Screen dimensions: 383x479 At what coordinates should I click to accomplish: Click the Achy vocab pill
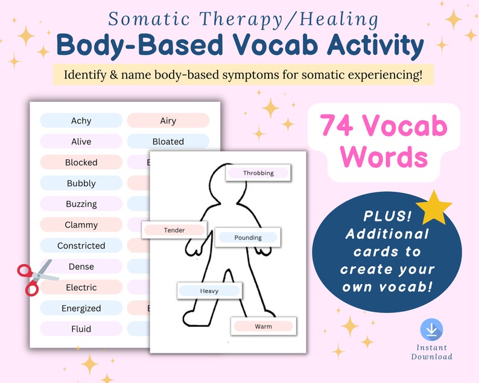[81, 121]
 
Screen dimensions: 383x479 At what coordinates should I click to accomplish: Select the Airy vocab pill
[168, 121]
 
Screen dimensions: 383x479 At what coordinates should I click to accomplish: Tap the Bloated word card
[168, 142]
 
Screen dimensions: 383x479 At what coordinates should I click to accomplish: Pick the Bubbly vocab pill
[81, 183]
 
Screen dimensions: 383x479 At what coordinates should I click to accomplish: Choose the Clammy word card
[81, 225]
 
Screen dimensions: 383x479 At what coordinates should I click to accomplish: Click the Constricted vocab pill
[81, 246]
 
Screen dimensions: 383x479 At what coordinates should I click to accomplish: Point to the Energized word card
[81, 308]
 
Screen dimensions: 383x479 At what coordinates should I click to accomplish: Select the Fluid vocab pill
[81, 329]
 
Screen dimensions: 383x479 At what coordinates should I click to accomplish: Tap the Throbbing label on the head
[258, 173]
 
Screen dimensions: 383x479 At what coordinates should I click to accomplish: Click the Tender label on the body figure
[174, 230]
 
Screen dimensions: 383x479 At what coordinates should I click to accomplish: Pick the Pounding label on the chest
[248, 238]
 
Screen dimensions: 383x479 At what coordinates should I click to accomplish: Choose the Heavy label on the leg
[209, 291]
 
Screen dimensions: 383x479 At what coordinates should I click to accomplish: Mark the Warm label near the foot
[263, 326]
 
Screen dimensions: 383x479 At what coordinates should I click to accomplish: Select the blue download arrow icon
[431, 330]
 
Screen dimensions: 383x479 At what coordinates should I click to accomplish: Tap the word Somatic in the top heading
[144, 19]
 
